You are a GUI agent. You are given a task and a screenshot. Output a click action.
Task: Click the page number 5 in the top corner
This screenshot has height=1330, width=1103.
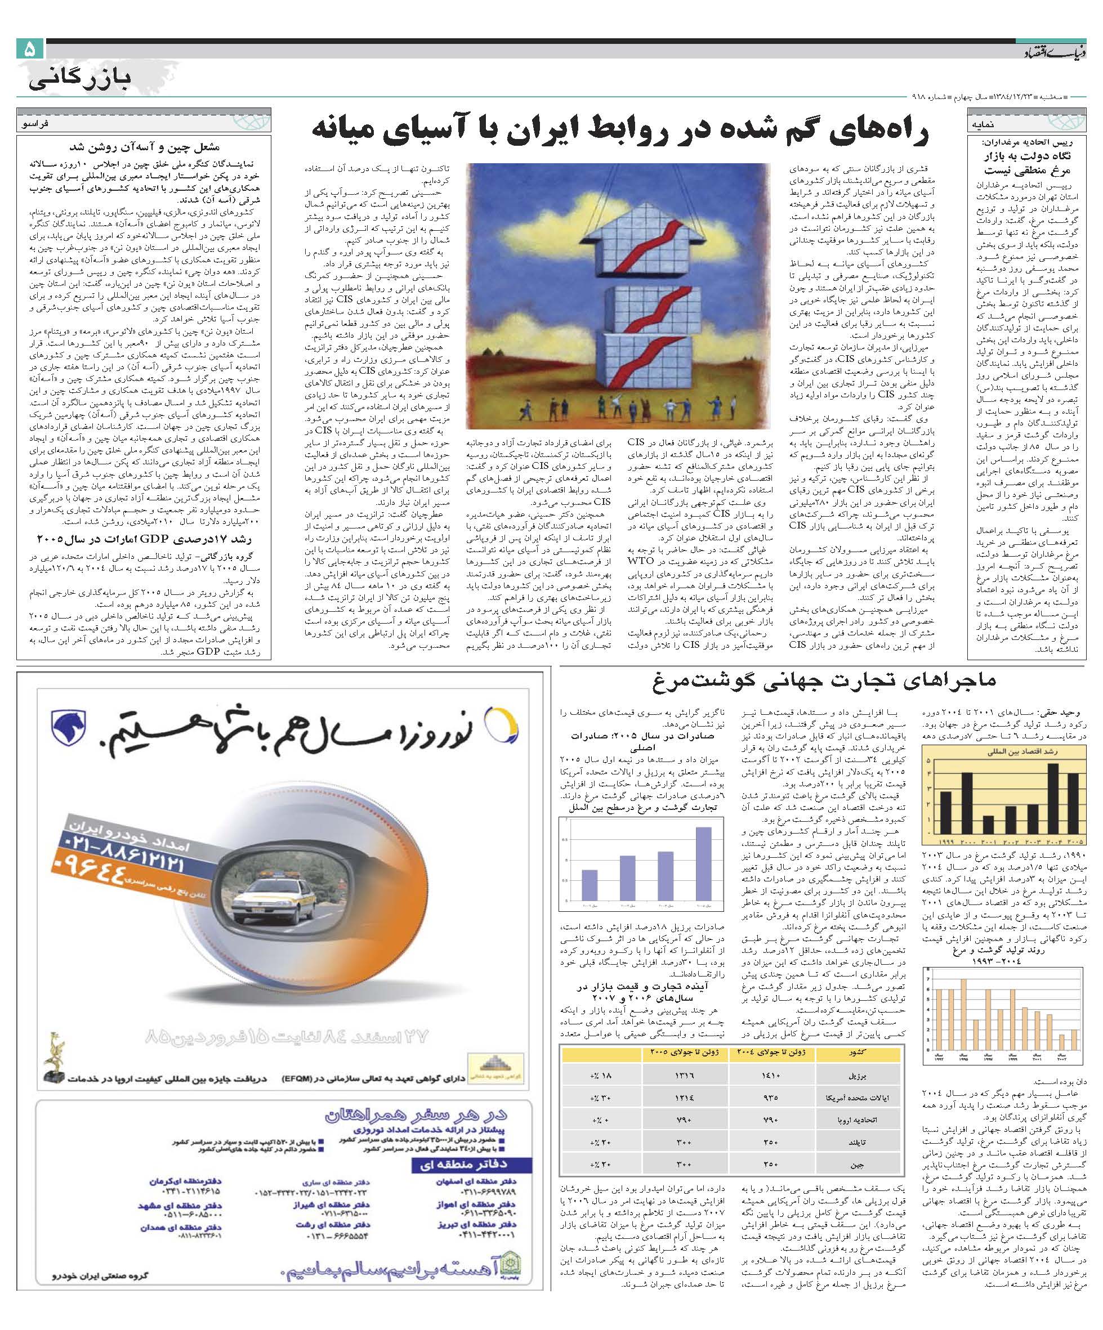pos(29,50)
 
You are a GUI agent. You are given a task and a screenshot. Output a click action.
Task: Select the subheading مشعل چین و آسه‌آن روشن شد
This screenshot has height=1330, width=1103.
pos(145,147)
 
